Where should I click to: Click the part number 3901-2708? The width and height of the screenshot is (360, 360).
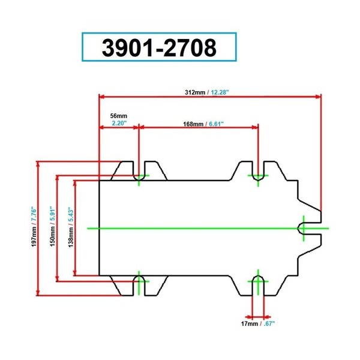[159, 47]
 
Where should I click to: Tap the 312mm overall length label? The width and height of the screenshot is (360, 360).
[195, 92]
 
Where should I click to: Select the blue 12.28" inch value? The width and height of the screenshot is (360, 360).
[220, 92]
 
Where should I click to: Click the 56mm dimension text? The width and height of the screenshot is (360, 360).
[118, 116]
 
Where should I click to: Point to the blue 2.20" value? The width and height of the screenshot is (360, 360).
[119, 123]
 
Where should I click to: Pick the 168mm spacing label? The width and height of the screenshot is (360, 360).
[193, 124]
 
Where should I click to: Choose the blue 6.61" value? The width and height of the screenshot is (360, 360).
[216, 124]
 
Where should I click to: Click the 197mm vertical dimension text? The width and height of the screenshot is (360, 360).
[34, 237]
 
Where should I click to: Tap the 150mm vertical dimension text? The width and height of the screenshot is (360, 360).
[53, 236]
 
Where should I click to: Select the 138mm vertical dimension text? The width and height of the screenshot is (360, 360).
[71, 238]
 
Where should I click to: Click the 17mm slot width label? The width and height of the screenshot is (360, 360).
[250, 324]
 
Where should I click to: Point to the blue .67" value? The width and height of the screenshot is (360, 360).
[269, 324]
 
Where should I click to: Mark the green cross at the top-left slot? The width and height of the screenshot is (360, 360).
[139, 176]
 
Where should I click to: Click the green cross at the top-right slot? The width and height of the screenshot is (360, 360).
[258, 176]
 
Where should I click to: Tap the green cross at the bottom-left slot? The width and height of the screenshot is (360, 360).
[139, 281]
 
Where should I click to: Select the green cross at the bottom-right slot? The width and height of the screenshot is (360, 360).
[258, 281]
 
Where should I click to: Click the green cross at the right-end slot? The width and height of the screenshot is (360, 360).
[304, 229]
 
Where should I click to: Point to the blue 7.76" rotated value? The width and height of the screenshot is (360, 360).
[34, 214]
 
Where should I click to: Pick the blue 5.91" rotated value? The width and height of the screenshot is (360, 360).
[53, 214]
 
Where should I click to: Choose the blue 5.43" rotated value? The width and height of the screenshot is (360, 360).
[71, 215]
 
